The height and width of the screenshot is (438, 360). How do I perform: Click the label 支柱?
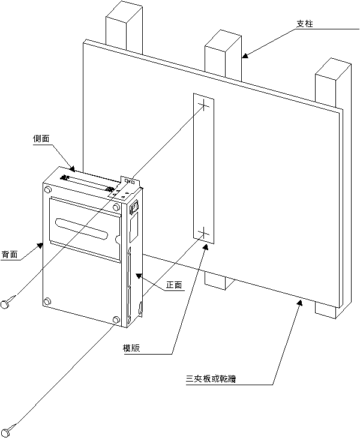pos(305,24)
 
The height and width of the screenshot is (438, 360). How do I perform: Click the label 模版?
pos(131,349)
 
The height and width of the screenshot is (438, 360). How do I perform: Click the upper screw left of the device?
pos(8,303)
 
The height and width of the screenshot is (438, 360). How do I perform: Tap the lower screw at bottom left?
pos(8,429)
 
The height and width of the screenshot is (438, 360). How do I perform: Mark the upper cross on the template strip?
pos(203,107)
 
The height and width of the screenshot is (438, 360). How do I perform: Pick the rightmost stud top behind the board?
pos(332,68)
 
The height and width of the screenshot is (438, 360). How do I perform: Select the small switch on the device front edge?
pos(134,208)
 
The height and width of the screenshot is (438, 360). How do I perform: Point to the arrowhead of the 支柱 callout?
pos(244,57)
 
